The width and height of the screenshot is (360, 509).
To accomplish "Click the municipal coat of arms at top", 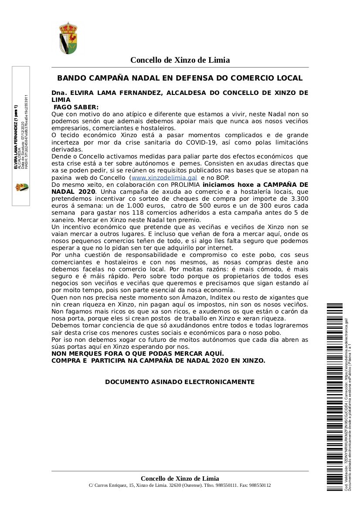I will (68, 38).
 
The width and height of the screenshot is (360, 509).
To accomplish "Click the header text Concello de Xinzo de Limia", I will (180, 61).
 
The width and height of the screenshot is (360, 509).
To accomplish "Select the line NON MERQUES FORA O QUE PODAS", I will (138, 354).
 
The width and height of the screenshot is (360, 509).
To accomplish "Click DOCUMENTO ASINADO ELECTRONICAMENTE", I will (180, 382).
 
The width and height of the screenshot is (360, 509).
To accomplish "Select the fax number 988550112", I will (260, 485).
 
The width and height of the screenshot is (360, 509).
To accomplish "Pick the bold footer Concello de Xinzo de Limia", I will (180, 479).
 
